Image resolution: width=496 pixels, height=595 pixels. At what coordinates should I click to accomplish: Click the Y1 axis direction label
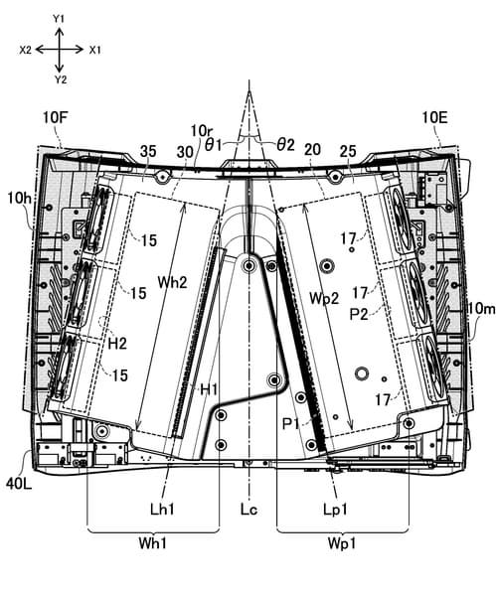(x=58, y=19)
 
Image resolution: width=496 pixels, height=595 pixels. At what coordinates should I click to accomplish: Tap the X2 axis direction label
(x=26, y=50)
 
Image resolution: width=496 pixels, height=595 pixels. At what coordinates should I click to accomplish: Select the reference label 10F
(x=55, y=117)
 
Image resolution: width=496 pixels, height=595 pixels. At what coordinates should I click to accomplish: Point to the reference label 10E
(x=434, y=117)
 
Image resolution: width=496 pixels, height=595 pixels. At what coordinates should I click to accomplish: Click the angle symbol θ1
(x=214, y=145)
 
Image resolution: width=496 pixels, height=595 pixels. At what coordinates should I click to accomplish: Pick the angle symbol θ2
(x=285, y=144)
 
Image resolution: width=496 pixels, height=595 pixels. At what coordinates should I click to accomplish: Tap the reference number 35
(x=148, y=151)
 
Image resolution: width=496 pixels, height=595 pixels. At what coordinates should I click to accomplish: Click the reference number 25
(x=348, y=151)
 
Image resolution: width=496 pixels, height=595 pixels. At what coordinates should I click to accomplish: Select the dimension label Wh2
(x=172, y=282)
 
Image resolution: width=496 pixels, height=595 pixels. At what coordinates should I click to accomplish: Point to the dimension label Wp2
(x=324, y=298)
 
